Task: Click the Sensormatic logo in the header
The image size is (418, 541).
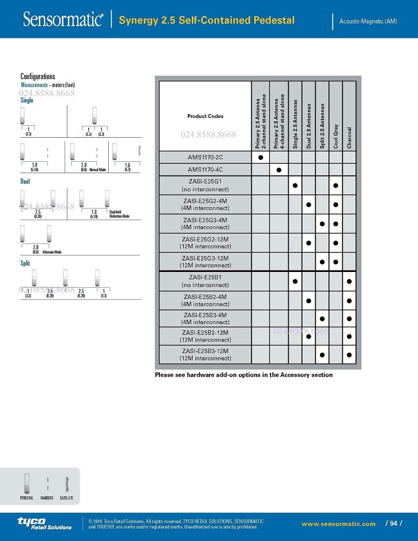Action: tap(63, 20)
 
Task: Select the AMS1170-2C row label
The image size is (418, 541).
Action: tap(205, 157)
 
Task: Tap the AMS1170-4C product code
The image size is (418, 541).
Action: tap(205, 170)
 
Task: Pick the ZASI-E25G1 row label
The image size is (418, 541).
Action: tap(205, 185)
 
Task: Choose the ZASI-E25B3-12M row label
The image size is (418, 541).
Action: tap(205, 354)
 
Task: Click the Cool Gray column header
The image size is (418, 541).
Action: tap(336, 136)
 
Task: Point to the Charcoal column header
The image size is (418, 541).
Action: tap(349, 138)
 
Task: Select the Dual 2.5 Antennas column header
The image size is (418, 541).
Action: tap(308, 125)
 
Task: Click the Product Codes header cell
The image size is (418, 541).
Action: tap(205, 117)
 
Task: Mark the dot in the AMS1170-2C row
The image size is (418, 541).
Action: tap(261, 157)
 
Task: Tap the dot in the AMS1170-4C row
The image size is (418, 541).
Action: tap(278, 170)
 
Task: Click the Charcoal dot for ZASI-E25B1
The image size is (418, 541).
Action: tap(349, 281)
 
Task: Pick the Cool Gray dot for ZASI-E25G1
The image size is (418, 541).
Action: tap(335, 185)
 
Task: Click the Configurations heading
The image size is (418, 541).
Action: tap(38, 77)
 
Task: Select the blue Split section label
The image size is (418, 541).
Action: tap(25, 264)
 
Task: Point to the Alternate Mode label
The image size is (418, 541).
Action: tap(52, 252)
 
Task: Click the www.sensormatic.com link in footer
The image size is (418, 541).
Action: tap(338, 524)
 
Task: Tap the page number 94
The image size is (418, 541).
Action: tap(393, 523)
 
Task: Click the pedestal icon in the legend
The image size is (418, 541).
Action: tap(27, 484)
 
